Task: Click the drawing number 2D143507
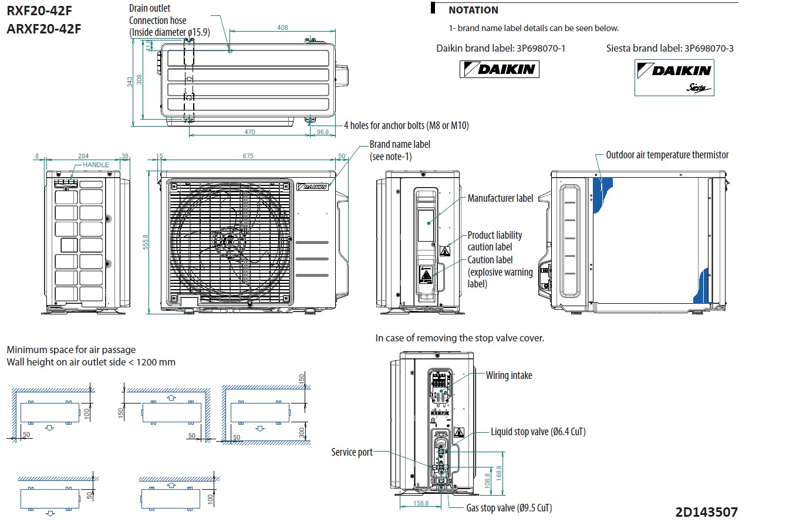coord(706,511)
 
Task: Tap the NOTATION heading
coord(473,10)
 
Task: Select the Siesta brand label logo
coord(674,77)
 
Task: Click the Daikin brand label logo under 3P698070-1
coord(499,69)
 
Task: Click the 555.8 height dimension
coord(146,240)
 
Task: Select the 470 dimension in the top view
coord(249,132)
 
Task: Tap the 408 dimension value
coord(282,28)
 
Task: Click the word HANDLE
coord(96,165)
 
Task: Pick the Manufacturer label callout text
coord(500,198)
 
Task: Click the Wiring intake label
coord(508,375)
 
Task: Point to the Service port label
coord(352,452)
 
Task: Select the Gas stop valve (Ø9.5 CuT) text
coord(509,508)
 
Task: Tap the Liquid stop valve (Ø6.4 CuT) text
coord(538,432)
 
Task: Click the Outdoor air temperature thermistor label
coord(667,155)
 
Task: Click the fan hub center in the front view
coord(231,242)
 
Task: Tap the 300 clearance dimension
coord(302,432)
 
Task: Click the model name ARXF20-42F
coord(44,28)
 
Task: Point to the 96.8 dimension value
coord(322,132)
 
